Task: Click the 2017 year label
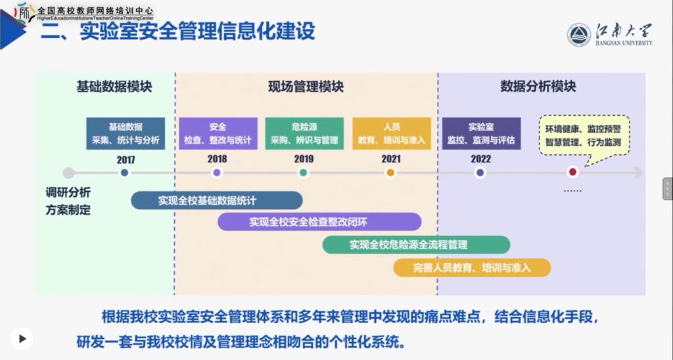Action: tap(126, 160)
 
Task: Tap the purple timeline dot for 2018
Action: tap(217, 173)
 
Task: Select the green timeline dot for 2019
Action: tap(304, 173)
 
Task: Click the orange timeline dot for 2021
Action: tap(390, 173)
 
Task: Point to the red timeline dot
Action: tap(572, 172)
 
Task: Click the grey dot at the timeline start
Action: tap(68, 173)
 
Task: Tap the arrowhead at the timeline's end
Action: tap(639, 173)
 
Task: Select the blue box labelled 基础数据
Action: tap(126, 133)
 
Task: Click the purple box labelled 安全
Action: tap(218, 133)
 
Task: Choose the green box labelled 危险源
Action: tap(304, 133)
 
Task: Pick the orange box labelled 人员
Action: tap(392, 133)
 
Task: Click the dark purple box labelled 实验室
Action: tap(481, 133)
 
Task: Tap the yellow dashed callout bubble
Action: tap(584, 135)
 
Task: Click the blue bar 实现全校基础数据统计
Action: tap(217, 200)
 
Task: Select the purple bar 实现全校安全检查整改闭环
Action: tap(319, 222)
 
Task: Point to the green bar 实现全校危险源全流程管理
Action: tap(416, 245)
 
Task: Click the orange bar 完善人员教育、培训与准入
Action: tap(472, 268)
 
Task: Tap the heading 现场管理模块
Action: tap(306, 87)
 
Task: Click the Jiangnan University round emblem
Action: tap(578, 35)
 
